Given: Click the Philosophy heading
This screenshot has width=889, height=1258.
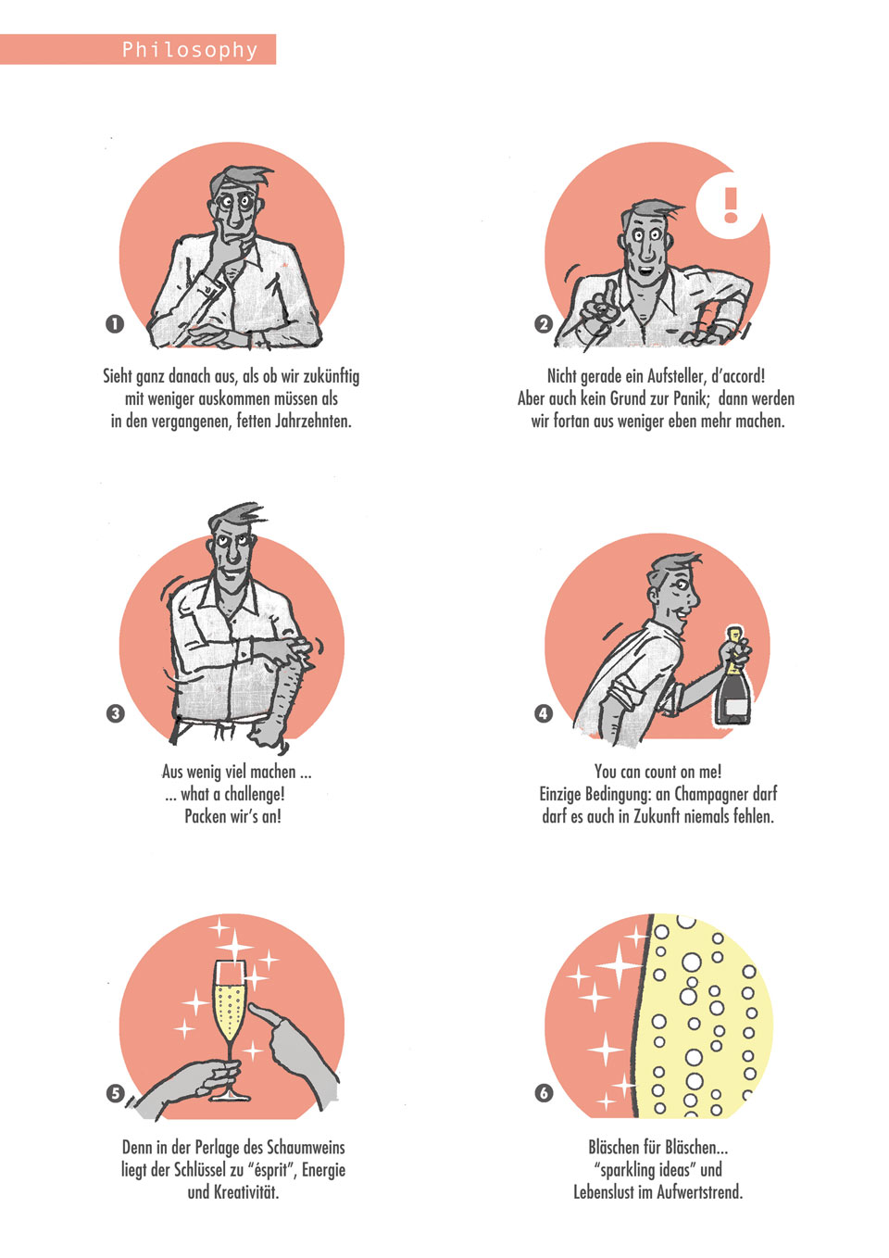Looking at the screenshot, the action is coord(190,50).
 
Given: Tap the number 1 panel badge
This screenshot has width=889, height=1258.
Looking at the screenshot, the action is coord(115,324).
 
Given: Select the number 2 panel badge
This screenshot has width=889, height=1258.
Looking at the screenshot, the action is coord(544,324).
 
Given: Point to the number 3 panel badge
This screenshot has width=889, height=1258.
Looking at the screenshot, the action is coord(115,714).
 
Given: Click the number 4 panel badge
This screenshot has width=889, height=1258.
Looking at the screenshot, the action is coord(544,714).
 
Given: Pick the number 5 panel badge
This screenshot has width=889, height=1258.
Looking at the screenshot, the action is coord(115,1093).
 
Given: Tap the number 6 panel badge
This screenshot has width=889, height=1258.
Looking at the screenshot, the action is coord(544,1093).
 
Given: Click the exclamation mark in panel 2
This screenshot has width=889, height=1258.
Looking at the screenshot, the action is coord(730,205).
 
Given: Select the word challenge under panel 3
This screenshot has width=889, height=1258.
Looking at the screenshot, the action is coord(255,794).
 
